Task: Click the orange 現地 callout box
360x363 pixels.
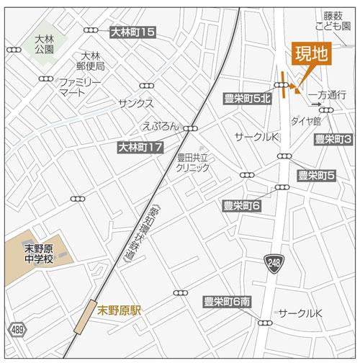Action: point(311,54)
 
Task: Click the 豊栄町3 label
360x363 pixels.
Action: point(332,139)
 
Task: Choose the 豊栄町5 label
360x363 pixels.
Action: point(317,175)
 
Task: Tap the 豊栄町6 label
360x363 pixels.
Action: point(242,206)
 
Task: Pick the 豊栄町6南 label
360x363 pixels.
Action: point(227,302)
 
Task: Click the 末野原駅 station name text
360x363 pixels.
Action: point(121,311)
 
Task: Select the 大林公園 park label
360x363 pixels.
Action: point(43,44)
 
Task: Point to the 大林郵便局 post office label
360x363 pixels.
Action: point(93,60)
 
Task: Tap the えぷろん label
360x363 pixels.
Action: point(161,125)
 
